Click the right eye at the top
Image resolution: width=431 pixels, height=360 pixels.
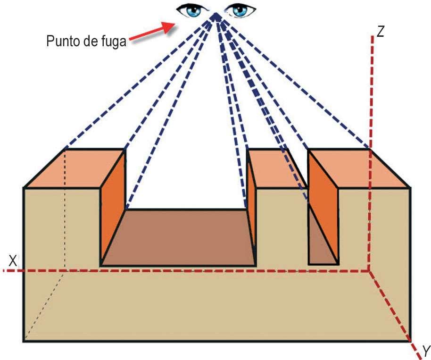[x=241, y=9]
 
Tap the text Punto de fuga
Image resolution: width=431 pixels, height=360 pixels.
[x=86, y=41]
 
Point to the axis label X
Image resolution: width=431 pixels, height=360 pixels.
[x=13, y=260]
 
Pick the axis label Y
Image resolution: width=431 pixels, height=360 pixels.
[x=425, y=351]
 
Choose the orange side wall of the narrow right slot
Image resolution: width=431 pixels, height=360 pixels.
[x=323, y=203]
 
